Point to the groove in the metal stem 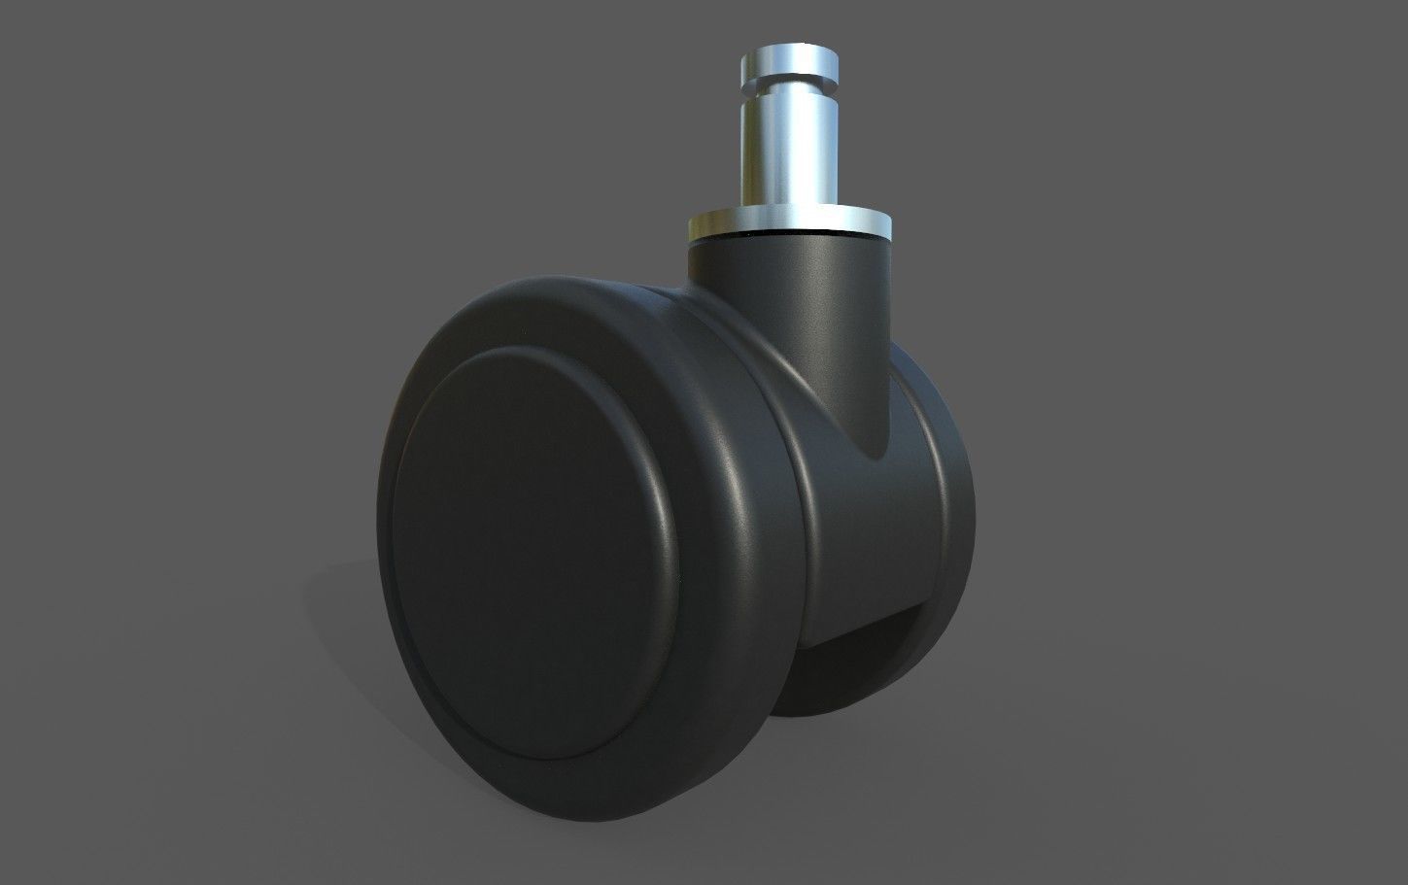[x=787, y=88]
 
